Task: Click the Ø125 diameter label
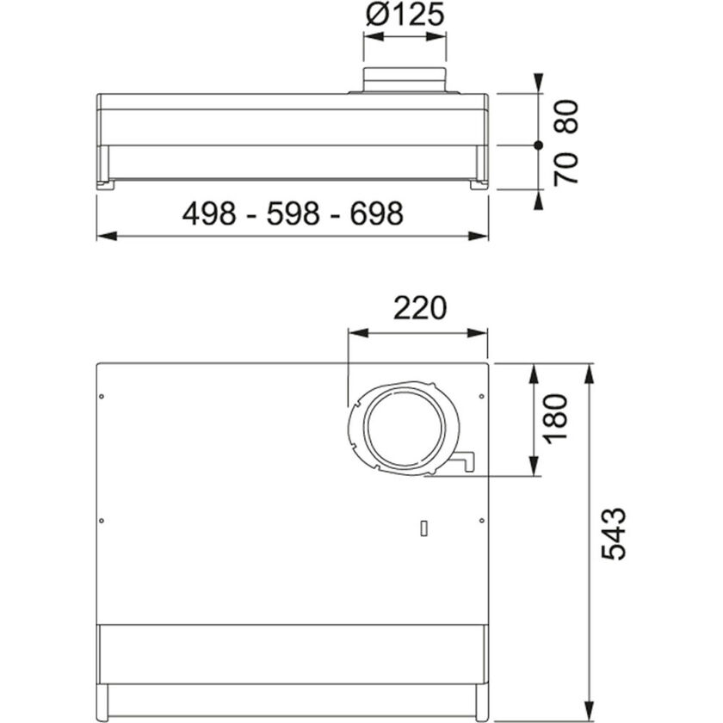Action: click(404, 15)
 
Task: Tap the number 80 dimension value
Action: click(567, 116)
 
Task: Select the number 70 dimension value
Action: click(567, 169)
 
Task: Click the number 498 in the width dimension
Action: click(208, 213)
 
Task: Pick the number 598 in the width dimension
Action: click(293, 213)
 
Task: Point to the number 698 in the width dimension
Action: click(376, 213)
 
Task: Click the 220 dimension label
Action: click(420, 307)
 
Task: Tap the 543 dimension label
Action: click(614, 534)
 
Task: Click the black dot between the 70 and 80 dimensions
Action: click(537, 145)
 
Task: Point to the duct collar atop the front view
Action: click(405, 79)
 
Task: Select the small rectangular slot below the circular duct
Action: click(423, 528)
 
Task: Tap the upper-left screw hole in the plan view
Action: click(102, 397)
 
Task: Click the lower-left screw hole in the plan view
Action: click(102, 520)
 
